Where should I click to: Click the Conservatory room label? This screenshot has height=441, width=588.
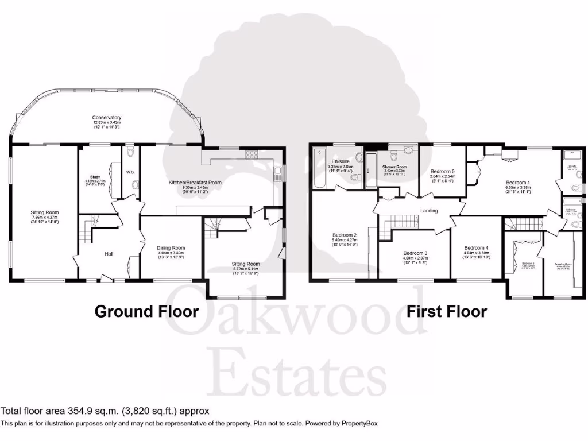107,118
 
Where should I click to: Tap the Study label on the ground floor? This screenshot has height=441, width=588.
95,177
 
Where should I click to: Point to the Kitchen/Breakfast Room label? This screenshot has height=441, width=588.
195,183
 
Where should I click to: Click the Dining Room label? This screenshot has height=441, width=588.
171,248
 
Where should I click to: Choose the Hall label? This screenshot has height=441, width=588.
109,253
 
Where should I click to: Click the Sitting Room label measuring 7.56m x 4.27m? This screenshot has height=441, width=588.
44,212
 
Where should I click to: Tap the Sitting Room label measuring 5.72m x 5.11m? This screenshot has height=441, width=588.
246,264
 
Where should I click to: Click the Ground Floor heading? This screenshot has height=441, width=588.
146,312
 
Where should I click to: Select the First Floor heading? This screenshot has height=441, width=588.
446,312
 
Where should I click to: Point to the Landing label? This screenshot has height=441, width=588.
429,211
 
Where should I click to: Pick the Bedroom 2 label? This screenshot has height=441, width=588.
345,235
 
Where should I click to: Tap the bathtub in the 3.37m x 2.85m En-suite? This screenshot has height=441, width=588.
319,169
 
